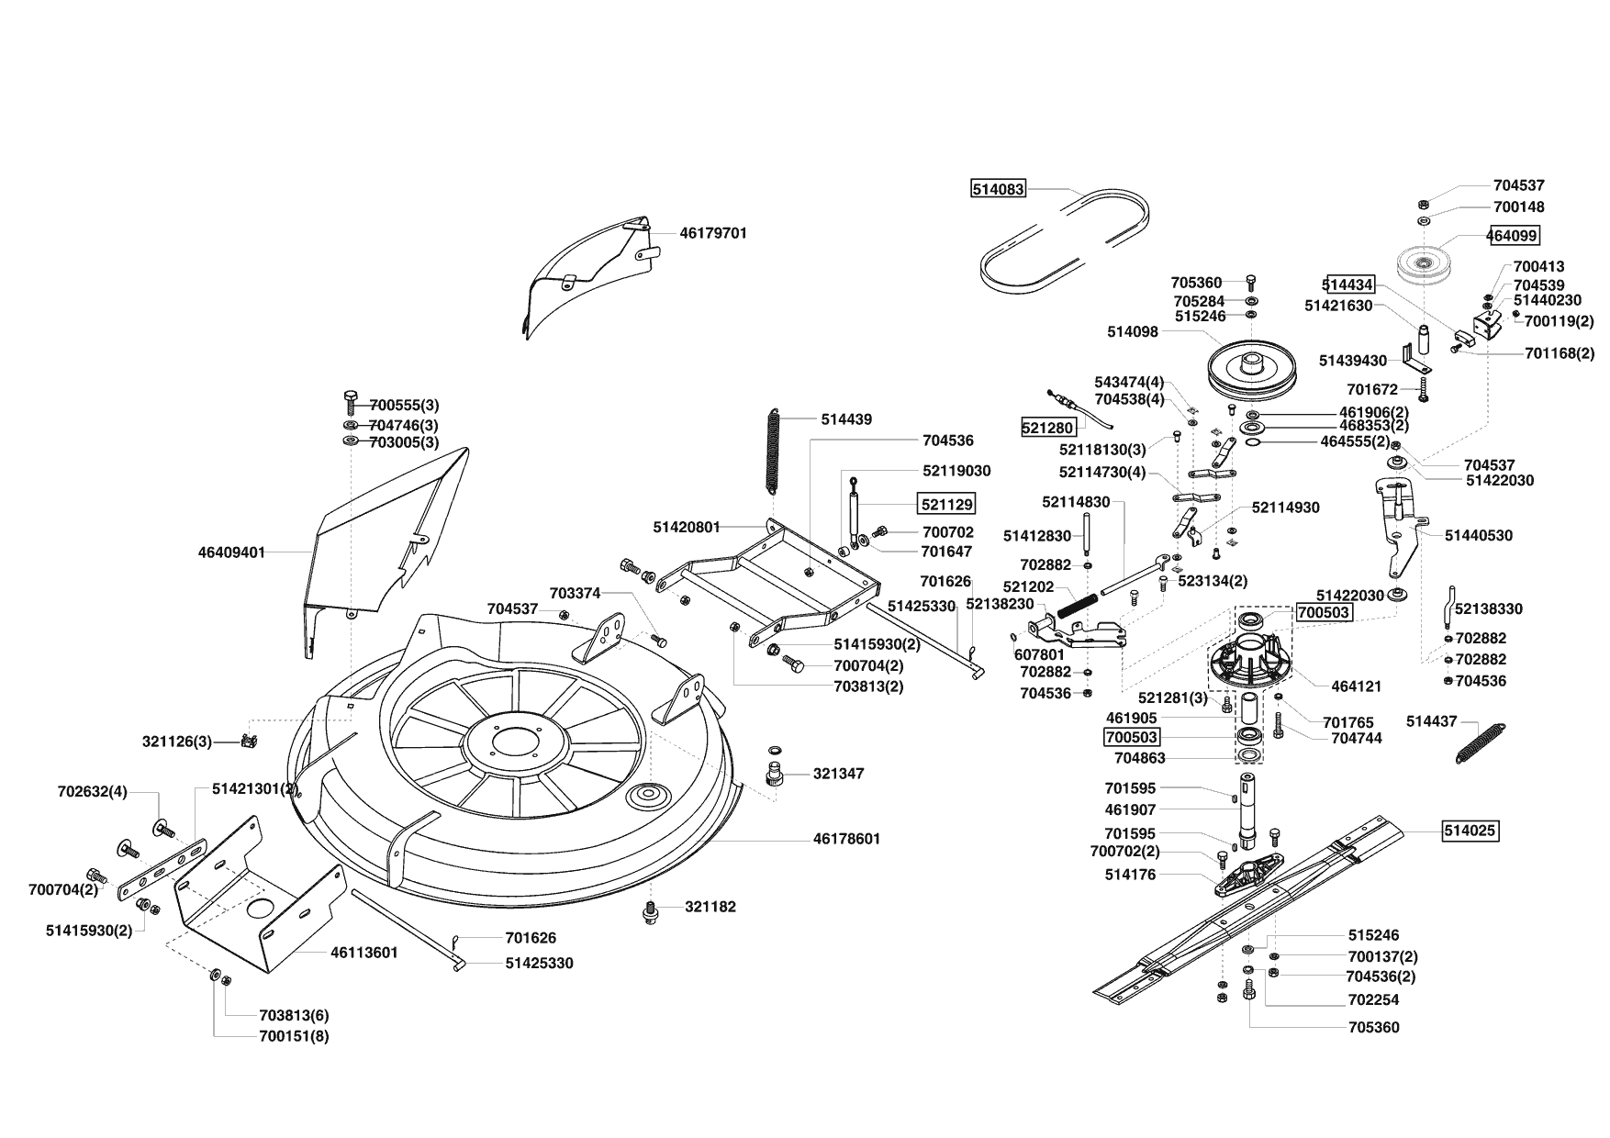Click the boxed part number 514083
pyautogui.click(x=998, y=190)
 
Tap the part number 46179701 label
pyautogui.click(x=713, y=233)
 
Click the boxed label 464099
pyautogui.click(x=1513, y=235)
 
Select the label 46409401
pyautogui.click(x=231, y=552)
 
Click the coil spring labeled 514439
pyautogui.click(x=774, y=457)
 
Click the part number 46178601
pyautogui.click(x=846, y=839)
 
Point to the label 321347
pyautogui.click(x=838, y=774)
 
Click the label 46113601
pyautogui.click(x=363, y=953)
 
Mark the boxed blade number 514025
pyautogui.click(x=1470, y=831)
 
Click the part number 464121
pyautogui.click(x=1356, y=686)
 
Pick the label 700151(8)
pyautogui.click(x=295, y=1036)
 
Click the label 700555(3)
pyautogui.click(x=404, y=405)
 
